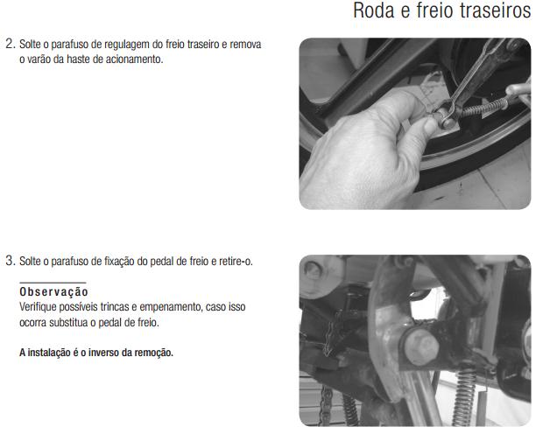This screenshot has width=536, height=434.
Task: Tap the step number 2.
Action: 11,44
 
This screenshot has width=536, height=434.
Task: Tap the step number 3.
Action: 11,261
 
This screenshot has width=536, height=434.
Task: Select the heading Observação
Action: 54,292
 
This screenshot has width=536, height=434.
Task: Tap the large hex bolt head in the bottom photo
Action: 421,348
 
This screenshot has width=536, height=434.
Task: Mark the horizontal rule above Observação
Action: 53,283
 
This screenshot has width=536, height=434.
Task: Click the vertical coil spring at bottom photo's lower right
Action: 464,395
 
